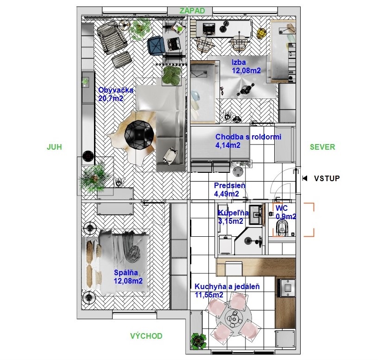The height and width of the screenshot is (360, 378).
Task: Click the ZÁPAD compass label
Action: (192, 11)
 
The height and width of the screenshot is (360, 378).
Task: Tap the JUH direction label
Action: (54, 147)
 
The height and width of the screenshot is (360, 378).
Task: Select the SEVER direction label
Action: (322, 147)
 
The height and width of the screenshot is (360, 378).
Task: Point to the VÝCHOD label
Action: (146, 336)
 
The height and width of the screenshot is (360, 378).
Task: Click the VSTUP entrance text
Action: (327, 178)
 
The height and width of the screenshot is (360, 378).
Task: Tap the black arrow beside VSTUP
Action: (305, 178)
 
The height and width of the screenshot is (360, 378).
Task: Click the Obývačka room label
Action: (116, 94)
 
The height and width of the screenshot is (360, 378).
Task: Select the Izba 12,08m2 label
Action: (246, 66)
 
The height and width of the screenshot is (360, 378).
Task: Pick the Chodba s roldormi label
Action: (248, 141)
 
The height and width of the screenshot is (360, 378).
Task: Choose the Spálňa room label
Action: (128, 277)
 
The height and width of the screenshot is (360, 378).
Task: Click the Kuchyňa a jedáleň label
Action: (227, 291)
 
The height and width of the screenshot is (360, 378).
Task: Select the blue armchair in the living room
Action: (157, 44)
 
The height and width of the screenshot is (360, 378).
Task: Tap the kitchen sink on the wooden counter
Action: (287, 288)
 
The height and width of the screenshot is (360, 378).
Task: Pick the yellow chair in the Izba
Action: (261, 33)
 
